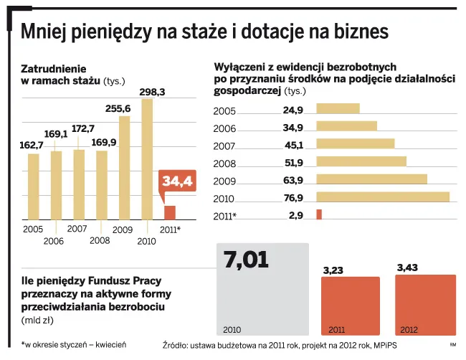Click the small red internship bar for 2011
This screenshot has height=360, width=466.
click(x=170, y=212)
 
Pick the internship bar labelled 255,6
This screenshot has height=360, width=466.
click(x=124, y=168)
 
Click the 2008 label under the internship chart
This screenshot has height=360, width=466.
click(x=100, y=240)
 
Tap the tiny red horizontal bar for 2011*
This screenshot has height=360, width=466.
click(x=319, y=214)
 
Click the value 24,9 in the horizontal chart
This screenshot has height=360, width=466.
click(x=293, y=110)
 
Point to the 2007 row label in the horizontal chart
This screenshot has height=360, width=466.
click(x=224, y=146)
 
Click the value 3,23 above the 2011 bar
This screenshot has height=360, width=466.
click(x=334, y=270)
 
